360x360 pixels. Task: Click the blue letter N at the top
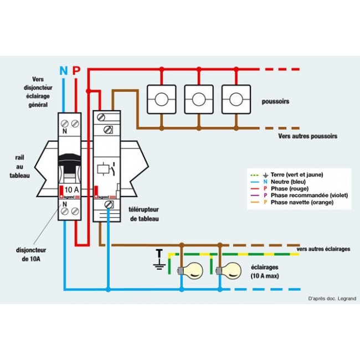[x=63, y=70]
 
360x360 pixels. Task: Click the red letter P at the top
[x=76, y=70]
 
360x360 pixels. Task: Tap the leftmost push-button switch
[x=161, y=99]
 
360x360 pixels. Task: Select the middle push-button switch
[x=199, y=99]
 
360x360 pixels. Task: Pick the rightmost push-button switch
[x=236, y=99]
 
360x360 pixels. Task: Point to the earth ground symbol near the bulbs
[x=160, y=260]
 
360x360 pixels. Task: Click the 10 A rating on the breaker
[x=70, y=190]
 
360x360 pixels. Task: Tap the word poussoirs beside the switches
[x=277, y=102]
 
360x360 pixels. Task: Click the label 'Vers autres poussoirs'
[x=307, y=136]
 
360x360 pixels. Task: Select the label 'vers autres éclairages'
[x=323, y=249]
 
